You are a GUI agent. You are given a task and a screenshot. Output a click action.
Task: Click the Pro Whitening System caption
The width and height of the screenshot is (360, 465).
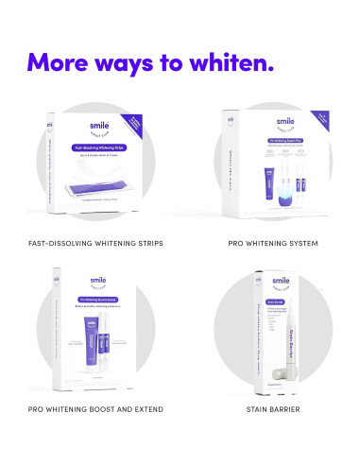click(272, 243)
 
